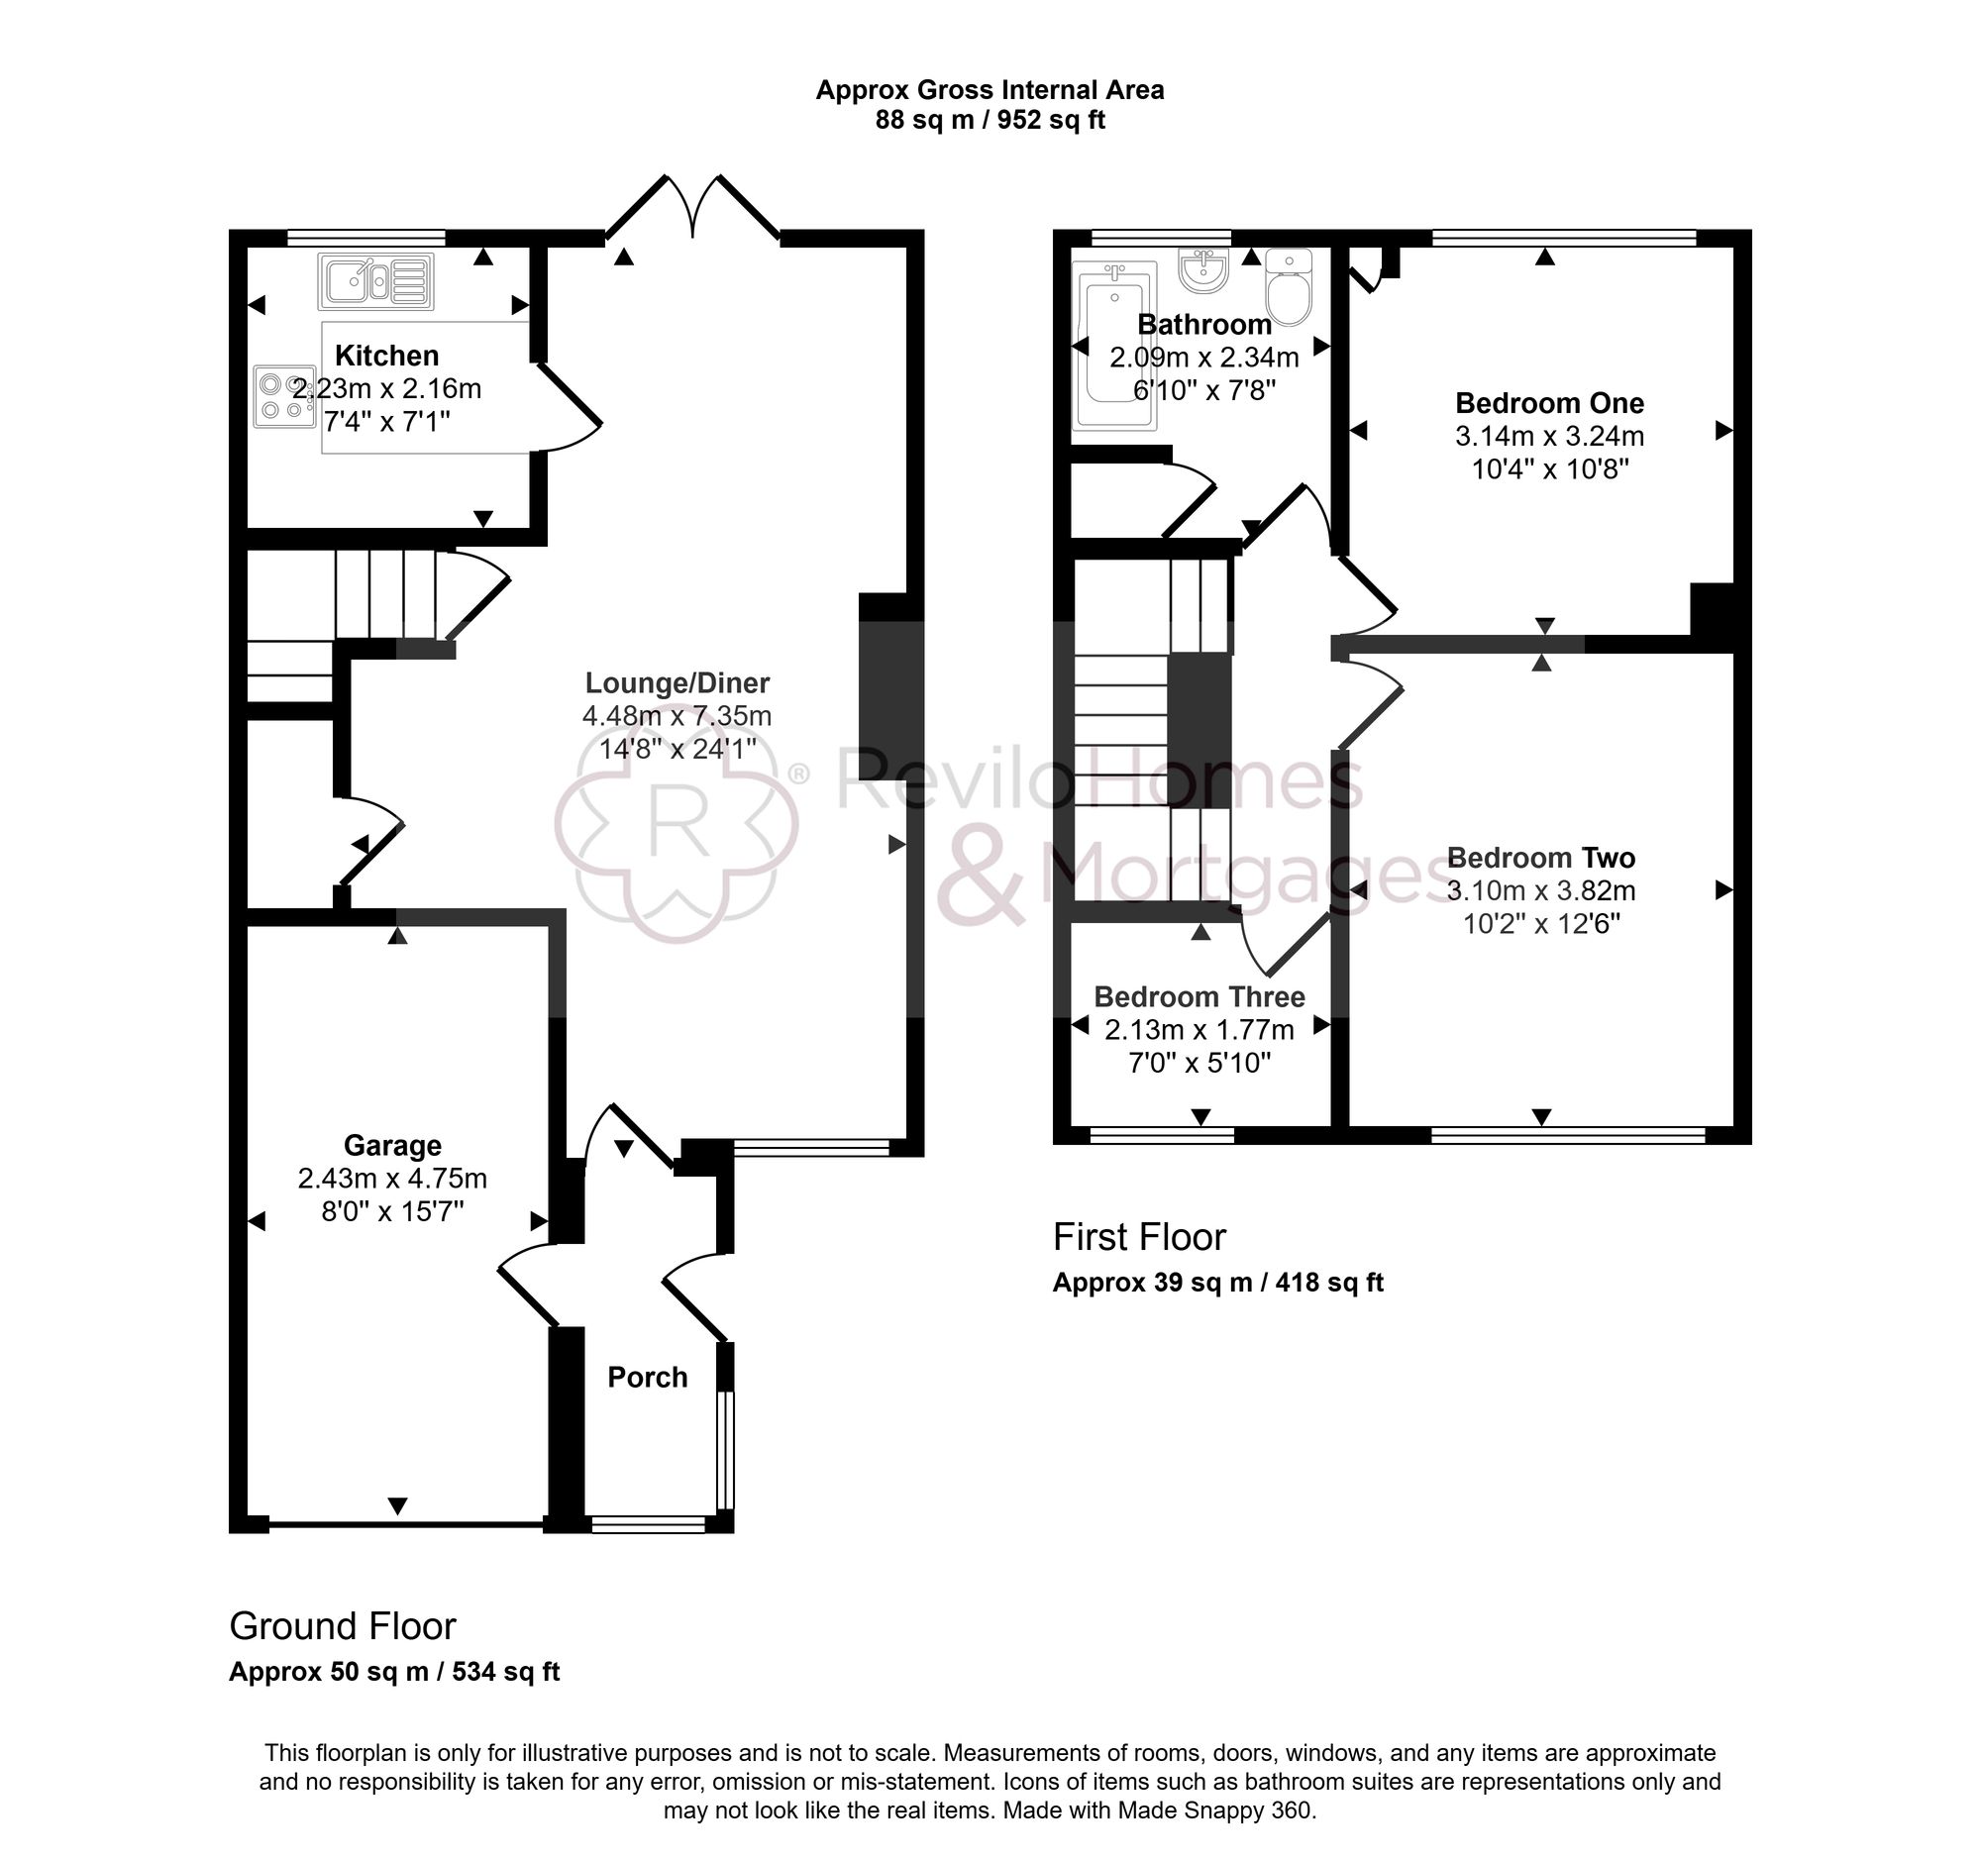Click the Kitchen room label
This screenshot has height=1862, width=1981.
coord(385,356)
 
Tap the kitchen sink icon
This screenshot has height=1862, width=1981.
coord(375,281)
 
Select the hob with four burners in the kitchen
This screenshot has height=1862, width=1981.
coord(276,396)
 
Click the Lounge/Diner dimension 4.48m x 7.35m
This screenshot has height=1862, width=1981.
coord(677,716)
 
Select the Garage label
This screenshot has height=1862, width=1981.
coord(391,1146)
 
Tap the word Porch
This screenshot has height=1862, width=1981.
coord(648,1378)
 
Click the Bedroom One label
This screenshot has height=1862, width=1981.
coord(1548,403)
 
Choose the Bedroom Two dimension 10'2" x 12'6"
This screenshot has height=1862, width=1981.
coord(1540,923)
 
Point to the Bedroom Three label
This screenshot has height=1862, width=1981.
coord(1199,997)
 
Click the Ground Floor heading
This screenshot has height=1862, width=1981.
coord(342,1627)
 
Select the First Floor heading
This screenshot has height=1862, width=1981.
coord(1138,1237)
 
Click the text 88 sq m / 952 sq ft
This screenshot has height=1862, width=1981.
coord(990,121)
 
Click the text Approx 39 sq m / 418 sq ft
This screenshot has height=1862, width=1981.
coord(1217,1283)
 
